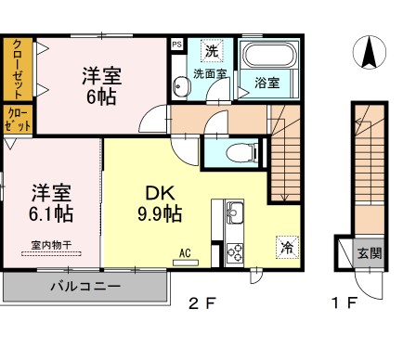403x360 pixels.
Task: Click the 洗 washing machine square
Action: [213, 50]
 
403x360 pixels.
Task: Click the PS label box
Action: [176, 42]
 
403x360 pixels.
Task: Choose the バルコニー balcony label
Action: [84, 287]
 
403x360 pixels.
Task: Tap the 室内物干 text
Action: [51, 245]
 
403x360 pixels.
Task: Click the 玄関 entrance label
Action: [369, 251]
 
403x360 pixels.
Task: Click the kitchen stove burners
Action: [235, 251]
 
